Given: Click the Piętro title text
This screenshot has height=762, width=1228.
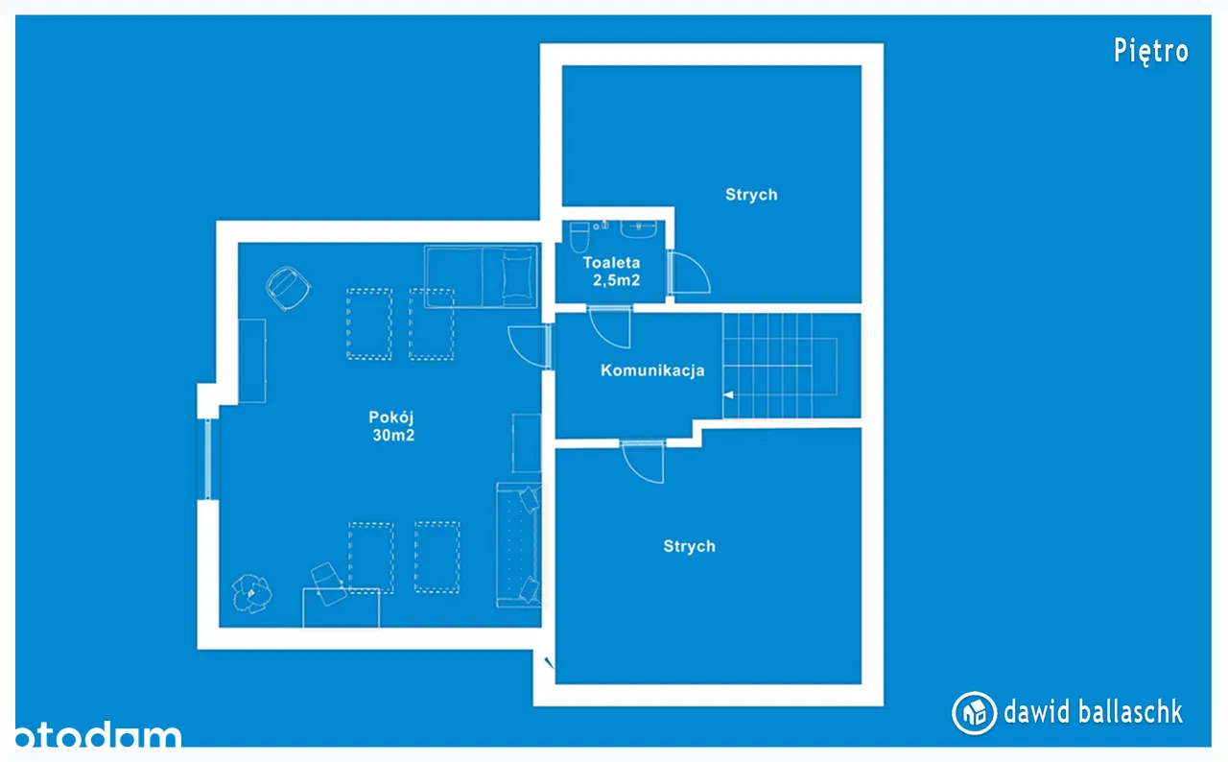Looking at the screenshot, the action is point(1150,52).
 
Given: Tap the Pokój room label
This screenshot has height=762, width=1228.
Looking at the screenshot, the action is point(390,417).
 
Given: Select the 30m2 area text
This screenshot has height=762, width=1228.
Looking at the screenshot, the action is point(393,436).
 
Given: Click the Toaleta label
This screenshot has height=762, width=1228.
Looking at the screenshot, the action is point(611,263).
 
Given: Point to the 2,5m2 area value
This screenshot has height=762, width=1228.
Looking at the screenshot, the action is point(616,280).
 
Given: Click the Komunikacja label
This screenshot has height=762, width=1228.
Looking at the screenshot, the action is point(652,370).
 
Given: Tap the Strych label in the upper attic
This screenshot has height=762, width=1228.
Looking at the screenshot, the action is point(751,195).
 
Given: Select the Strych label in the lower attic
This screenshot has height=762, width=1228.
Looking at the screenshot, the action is point(689,546).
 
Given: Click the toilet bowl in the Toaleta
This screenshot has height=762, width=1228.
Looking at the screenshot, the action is point(579,237).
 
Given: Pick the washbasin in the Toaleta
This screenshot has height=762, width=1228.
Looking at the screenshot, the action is point(638,229).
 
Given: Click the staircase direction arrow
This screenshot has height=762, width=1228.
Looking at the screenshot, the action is point(728,394).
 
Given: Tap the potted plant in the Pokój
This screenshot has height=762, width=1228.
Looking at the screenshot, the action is point(251,593).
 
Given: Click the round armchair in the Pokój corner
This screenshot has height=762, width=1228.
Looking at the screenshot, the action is point(288,288).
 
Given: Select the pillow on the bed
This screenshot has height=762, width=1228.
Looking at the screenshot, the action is point(517,276).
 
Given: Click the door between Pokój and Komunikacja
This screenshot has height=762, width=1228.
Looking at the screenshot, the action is point(530,346).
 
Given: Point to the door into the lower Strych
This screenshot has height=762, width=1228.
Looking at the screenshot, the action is point(643,462).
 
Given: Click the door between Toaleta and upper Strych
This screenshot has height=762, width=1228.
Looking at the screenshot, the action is point(689,272).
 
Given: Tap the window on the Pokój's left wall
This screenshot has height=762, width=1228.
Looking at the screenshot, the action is point(208,460).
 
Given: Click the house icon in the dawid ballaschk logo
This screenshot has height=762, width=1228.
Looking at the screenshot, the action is point(974,713).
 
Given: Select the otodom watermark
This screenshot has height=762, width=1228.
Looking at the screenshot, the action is point(98,733).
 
